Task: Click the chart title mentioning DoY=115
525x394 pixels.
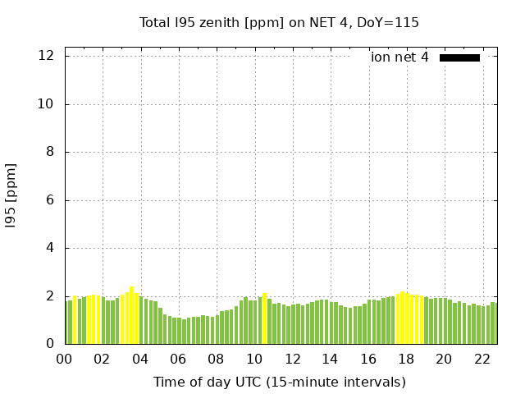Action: (x=279, y=22)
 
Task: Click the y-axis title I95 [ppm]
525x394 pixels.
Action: (x=11, y=195)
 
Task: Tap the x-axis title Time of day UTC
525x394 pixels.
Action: (x=279, y=382)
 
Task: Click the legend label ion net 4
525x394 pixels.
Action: (x=399, y=57)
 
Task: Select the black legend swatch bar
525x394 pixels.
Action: (x=459, y=57)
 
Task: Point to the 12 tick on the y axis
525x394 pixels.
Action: (x=46, y=56)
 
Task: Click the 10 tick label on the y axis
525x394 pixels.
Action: (x=46, y=104)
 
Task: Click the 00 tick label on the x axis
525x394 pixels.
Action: (x=64, y=359)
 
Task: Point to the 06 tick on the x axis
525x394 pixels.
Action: (x=178, y=359)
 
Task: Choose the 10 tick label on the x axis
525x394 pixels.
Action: (x=254, y=359)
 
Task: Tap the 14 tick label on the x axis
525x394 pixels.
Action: (x=330, y=359)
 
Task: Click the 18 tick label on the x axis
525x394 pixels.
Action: (x=406, y=359)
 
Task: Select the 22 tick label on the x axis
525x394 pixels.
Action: (x=482, y=359)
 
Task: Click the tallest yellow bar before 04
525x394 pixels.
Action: (x=131, y=316)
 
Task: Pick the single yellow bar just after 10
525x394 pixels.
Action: (x=264, y=319)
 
